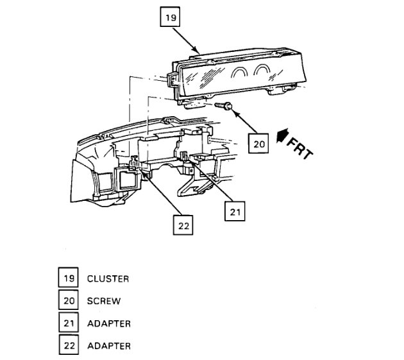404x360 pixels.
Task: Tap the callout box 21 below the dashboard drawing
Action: pyautogui.click(x=235, y=211)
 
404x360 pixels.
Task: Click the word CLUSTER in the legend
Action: pyautogui.click(x=108, y=279)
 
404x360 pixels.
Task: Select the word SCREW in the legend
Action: pyautogui.click(x=103, y=301)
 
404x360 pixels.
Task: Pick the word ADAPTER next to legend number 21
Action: pyautogui.click(x=108, y=323)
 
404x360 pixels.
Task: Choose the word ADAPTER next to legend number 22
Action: pyautogui.click(x=108, y=346)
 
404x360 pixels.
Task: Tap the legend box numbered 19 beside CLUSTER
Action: pyautogui.click(x=68, y=279)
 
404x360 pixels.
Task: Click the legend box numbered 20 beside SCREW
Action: pyautogui.click(x=68, y=300)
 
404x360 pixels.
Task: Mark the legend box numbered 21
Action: pyautogui.click(x=68, y=323)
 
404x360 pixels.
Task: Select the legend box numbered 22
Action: pyautogui.click(x=68, y=346)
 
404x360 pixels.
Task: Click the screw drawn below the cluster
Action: pyautogui.click(x=224, y=105)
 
